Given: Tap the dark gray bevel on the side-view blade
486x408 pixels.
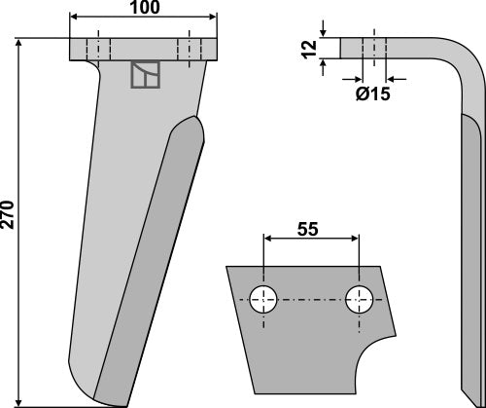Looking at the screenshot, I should click(x=470, y=243).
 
